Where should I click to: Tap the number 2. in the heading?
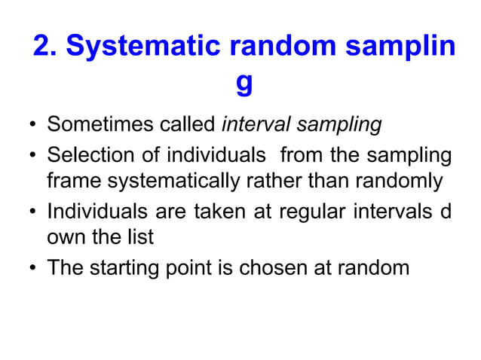tap(46, 46)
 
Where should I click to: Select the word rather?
tap(277, 182)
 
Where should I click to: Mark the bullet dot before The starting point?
tap(32, 269)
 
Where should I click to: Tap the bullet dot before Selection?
tap(32, 157)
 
